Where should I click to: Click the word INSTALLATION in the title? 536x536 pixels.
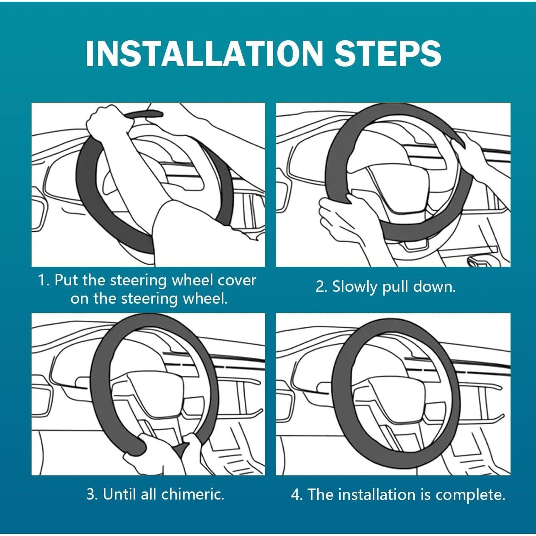[x=204, y=53]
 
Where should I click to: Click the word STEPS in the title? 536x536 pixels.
[x=387, y=53]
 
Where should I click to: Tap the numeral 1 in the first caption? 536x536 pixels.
[x=42, y=280]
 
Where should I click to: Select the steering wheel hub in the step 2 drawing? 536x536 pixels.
[x=389, y=181]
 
